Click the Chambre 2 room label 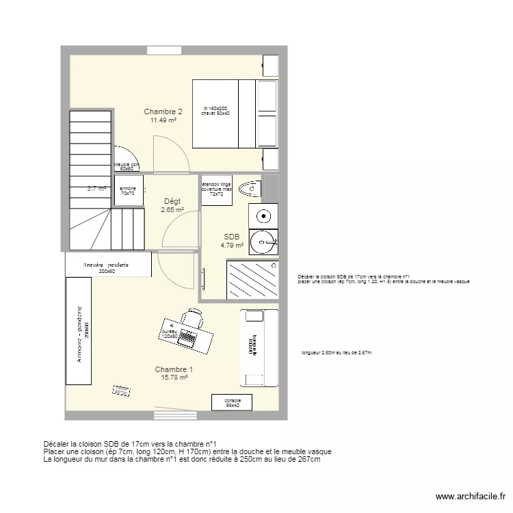(163, 111)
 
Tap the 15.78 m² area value (174, 376)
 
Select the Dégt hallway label (172, 201)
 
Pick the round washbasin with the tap (263, 241)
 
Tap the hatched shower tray (251, 280)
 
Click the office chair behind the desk (192, 317)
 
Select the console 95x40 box (232, 403)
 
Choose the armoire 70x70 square (128, 191)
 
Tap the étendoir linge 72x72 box (216, 190)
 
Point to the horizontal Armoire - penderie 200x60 (108, 265)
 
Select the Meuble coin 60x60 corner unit (127, 166)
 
